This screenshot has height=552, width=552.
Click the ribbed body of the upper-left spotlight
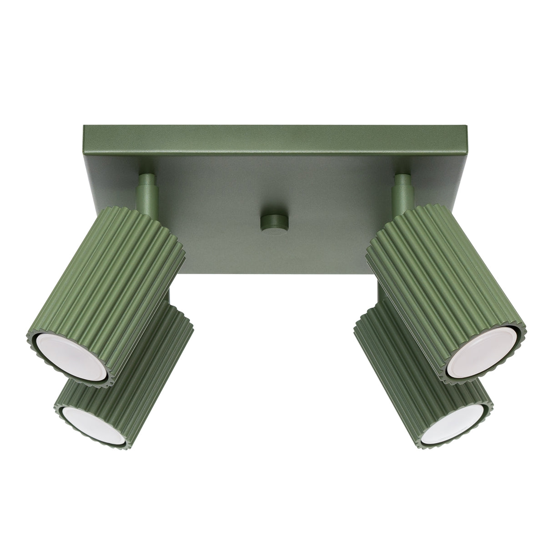109,282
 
